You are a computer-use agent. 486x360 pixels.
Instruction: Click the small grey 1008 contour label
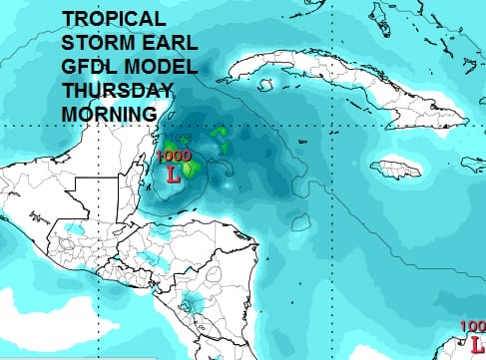(x=181, y=138)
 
